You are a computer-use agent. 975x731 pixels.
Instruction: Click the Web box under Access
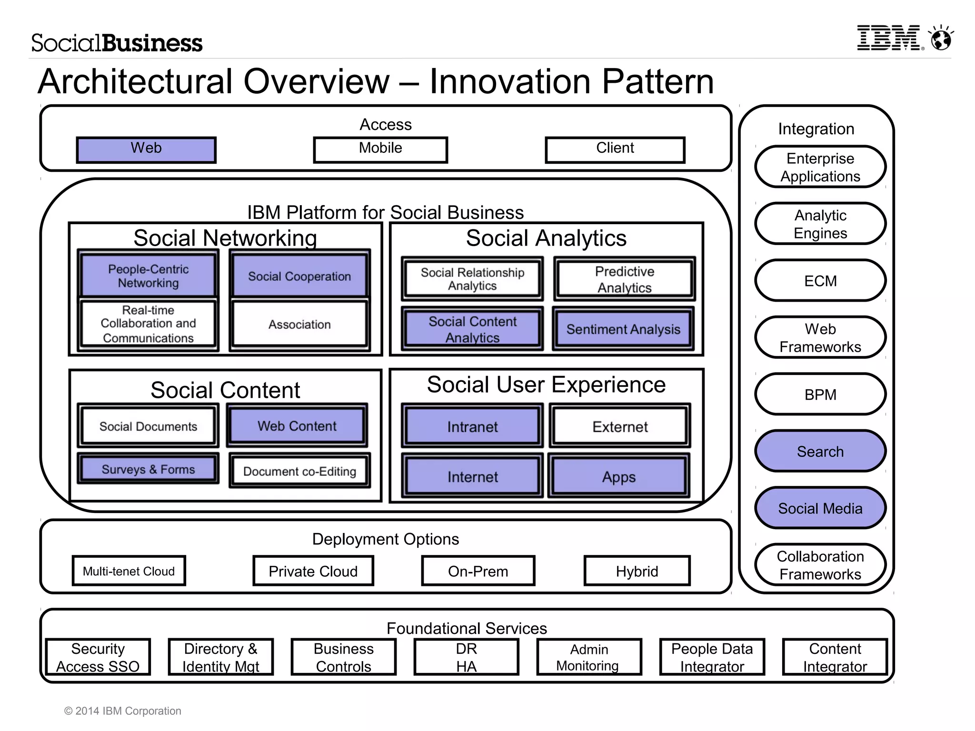[146, 150]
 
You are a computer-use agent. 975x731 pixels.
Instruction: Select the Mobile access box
[380, 150]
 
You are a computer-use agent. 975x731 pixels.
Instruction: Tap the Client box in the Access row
[615, 150]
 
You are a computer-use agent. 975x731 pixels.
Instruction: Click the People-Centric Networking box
[148, 276]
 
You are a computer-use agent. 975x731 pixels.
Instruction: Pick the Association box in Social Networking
[299, 325]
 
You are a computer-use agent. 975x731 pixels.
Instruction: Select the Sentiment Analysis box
[623, 329]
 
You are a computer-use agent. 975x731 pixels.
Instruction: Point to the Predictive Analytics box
[624, 279]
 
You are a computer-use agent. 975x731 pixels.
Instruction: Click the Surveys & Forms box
[148, 469]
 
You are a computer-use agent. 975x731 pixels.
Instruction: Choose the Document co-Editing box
[299, 471]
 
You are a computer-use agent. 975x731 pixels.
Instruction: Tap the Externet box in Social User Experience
[620, 426]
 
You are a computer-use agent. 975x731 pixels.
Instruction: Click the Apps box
[618, 476]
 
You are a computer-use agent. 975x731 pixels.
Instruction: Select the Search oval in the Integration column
[820, 451]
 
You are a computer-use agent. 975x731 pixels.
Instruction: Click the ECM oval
[820, 281]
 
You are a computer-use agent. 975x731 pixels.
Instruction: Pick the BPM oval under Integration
[820, 395]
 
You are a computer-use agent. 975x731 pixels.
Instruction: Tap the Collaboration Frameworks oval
[820, 565]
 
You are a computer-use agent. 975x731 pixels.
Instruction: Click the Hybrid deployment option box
[637, 571]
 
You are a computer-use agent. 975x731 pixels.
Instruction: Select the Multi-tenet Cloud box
[129, 571]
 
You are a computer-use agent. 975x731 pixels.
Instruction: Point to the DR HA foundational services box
[466, 657]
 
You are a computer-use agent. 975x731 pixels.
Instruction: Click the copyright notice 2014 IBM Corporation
[123, 711]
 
